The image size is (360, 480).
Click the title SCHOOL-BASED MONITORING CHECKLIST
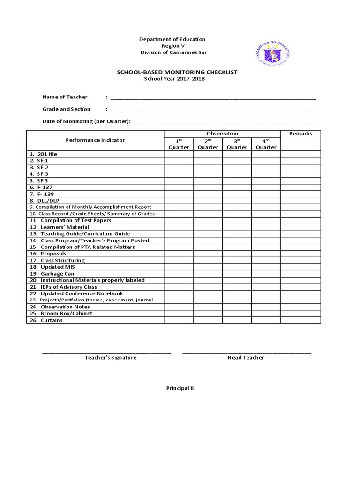[x=177, y=72]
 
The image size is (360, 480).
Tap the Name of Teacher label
[x=65, y=97]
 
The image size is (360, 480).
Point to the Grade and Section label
[x=66, y=109]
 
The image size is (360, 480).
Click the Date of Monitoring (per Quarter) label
[x=86, y=121]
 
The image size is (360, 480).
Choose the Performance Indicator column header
[x=95, y=140]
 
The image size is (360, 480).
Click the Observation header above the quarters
[x=222, y=134]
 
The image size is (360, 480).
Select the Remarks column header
[x=300, y=134]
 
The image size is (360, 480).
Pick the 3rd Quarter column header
[x=237, y=144]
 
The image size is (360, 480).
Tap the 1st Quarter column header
[x=179, y=144]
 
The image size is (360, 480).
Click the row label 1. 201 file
[x=43, y=154]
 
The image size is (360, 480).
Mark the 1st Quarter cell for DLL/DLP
[x=179, y=200]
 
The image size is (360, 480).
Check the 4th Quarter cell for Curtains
[x=266, y=320]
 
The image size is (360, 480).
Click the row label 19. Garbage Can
[x=52, y=274]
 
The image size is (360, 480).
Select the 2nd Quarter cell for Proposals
[x=208, y=254]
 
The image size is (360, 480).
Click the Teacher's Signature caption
[x=111, y=358]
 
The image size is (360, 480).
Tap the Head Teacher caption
[x=246, y=358]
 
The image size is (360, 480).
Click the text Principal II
[x=180, y=388]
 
